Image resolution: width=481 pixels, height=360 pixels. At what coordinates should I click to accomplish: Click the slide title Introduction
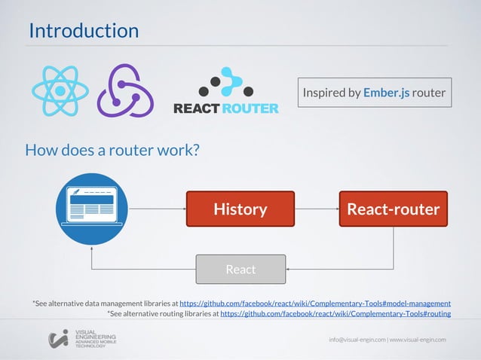point(84,31)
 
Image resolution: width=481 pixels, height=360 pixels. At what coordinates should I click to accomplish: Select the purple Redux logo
point(125,90)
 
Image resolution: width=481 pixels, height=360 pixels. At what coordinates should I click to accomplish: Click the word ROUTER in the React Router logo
point(250,108)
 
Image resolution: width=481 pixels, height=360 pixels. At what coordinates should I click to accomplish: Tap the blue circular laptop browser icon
point(91,209)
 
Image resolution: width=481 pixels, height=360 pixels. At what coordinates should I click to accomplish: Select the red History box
point(240,209)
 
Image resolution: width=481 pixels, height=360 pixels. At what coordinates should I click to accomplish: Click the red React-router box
point(393,209)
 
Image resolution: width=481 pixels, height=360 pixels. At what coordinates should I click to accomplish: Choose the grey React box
point(240,269)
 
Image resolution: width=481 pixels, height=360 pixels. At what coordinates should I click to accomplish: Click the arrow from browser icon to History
point(156,209)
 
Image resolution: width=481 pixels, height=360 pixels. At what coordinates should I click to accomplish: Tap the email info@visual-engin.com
point(357,340)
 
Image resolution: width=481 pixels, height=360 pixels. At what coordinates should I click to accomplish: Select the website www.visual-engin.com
point(418,340)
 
